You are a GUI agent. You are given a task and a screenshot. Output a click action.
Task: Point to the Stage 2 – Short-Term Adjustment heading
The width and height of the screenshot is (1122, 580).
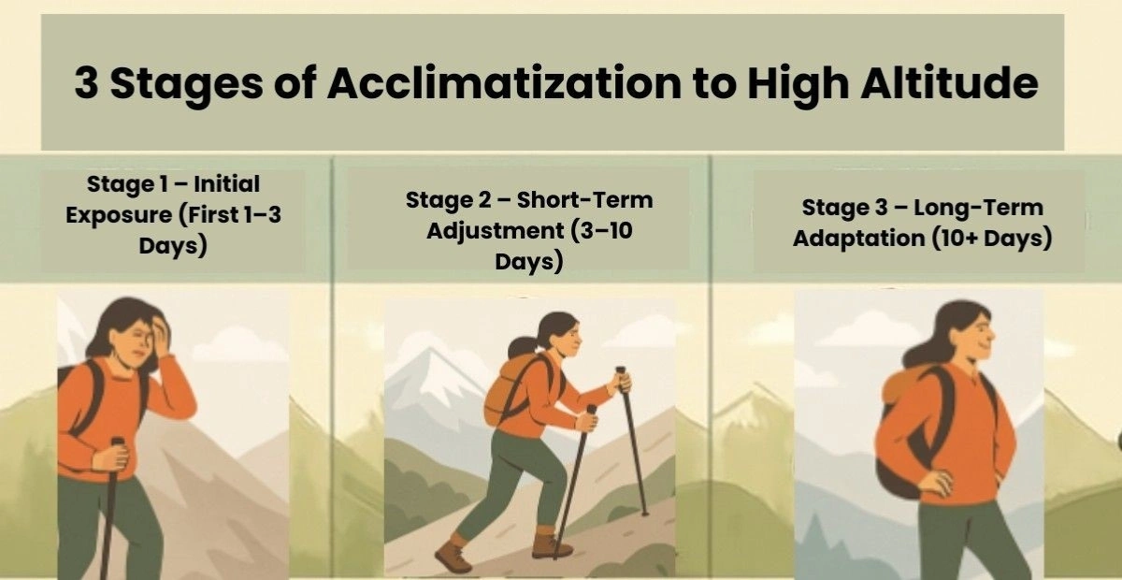click(x=528, y=230)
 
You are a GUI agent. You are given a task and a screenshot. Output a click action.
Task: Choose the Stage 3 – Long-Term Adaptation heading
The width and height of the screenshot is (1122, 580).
click(x=922, y=223)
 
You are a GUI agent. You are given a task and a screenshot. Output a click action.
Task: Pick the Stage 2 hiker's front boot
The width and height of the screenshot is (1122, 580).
click(x=552, y=544)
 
